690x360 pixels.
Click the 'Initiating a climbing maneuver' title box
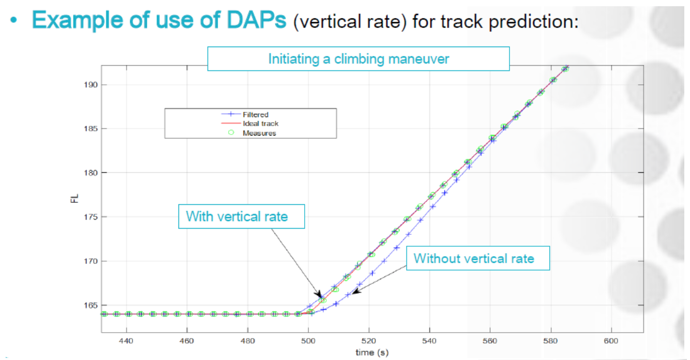[x=358, y=58]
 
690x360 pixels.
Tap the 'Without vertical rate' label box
[x=474, y=258]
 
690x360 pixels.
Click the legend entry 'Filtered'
[x=256, y=115]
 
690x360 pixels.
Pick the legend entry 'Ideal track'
[x=261, y=124]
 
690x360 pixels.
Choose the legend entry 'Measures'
[x=259, y=133]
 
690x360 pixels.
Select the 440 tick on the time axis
[x=126, y=341]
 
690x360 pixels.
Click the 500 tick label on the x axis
[x=308, y=341]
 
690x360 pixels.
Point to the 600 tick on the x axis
[x=611, y=341]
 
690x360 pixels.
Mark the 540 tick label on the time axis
[x=429, y=341]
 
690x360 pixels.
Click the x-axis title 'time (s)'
[x=371, y=352]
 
